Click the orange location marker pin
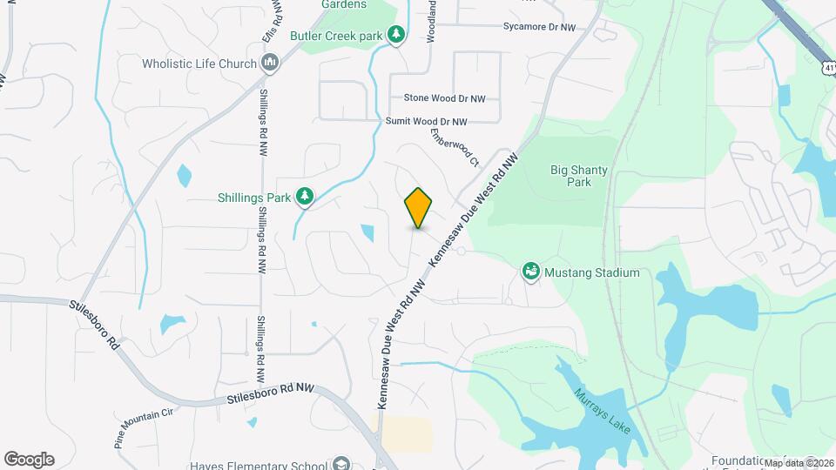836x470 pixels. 418,208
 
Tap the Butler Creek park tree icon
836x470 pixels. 396,35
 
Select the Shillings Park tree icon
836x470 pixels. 304,198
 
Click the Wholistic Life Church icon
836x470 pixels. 270,63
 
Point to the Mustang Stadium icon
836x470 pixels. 529,272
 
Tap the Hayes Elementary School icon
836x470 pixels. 341,464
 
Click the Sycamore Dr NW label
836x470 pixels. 539,28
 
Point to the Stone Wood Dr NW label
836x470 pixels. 444,98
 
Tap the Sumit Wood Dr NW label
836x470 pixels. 427,122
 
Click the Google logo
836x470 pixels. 29,460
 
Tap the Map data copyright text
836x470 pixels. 799,463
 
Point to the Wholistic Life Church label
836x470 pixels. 199,64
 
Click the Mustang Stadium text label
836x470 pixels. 592,272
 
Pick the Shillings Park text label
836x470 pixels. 253,198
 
